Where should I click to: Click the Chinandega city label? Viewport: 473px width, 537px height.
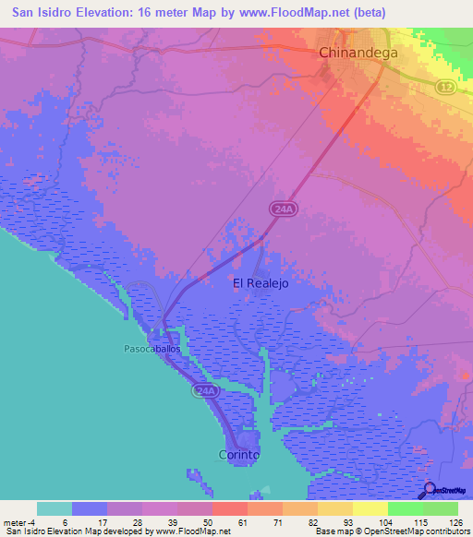(358, 53)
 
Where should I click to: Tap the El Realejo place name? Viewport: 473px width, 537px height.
(261, 284)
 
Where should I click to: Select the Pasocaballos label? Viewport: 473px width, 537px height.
(151, 350)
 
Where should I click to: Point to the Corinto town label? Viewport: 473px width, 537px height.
(238, 455)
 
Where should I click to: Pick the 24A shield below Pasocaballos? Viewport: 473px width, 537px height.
(205, 392)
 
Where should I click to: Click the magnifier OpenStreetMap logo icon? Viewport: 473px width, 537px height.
(430, 489)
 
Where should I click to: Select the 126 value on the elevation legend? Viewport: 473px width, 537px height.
(453, 522)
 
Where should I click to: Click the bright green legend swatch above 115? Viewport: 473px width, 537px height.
(405, 508)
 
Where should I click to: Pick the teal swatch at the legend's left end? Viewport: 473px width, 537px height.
(55, 508)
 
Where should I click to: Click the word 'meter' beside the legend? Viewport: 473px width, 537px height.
(15, 522)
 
